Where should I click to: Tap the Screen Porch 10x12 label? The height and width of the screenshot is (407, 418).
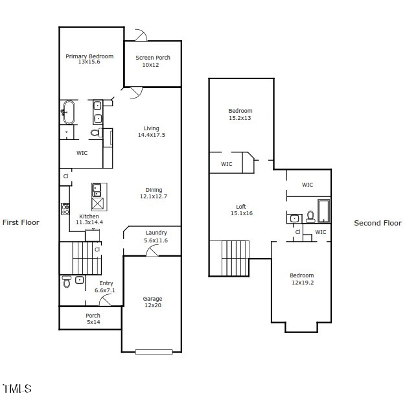coord(153,61)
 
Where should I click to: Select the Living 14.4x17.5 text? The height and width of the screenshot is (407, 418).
coord(152,132)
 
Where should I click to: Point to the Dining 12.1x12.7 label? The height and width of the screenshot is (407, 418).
coord(154,193)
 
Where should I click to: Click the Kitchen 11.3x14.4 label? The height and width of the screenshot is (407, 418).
coord(89,219)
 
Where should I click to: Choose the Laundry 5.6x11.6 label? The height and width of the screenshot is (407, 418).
coord(156,237)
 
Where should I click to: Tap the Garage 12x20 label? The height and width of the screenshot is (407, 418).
coord(152,302)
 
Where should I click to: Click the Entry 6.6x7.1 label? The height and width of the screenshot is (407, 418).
coord(106,286)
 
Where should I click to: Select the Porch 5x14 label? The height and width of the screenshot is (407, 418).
coord(93,319)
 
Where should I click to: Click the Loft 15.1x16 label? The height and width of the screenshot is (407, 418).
coord(240,210)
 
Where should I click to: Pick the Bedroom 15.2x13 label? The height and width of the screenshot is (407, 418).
coord(240,114)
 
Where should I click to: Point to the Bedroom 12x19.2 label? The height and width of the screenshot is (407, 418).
coord(301,279)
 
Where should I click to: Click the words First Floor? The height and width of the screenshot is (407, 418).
coord(21,222)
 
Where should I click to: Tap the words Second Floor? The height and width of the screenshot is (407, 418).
coord(377,223)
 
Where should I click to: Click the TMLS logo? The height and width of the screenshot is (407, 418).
coord(17,389)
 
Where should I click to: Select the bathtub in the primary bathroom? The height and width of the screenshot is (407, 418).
coord(68,111)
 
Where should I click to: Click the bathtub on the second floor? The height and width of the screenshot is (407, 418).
coord(323,211)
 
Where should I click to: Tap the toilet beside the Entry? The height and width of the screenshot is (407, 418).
coord(67,281)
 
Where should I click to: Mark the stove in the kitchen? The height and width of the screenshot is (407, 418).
coord(65,209)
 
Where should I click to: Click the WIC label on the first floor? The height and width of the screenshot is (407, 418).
coord(82,154)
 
